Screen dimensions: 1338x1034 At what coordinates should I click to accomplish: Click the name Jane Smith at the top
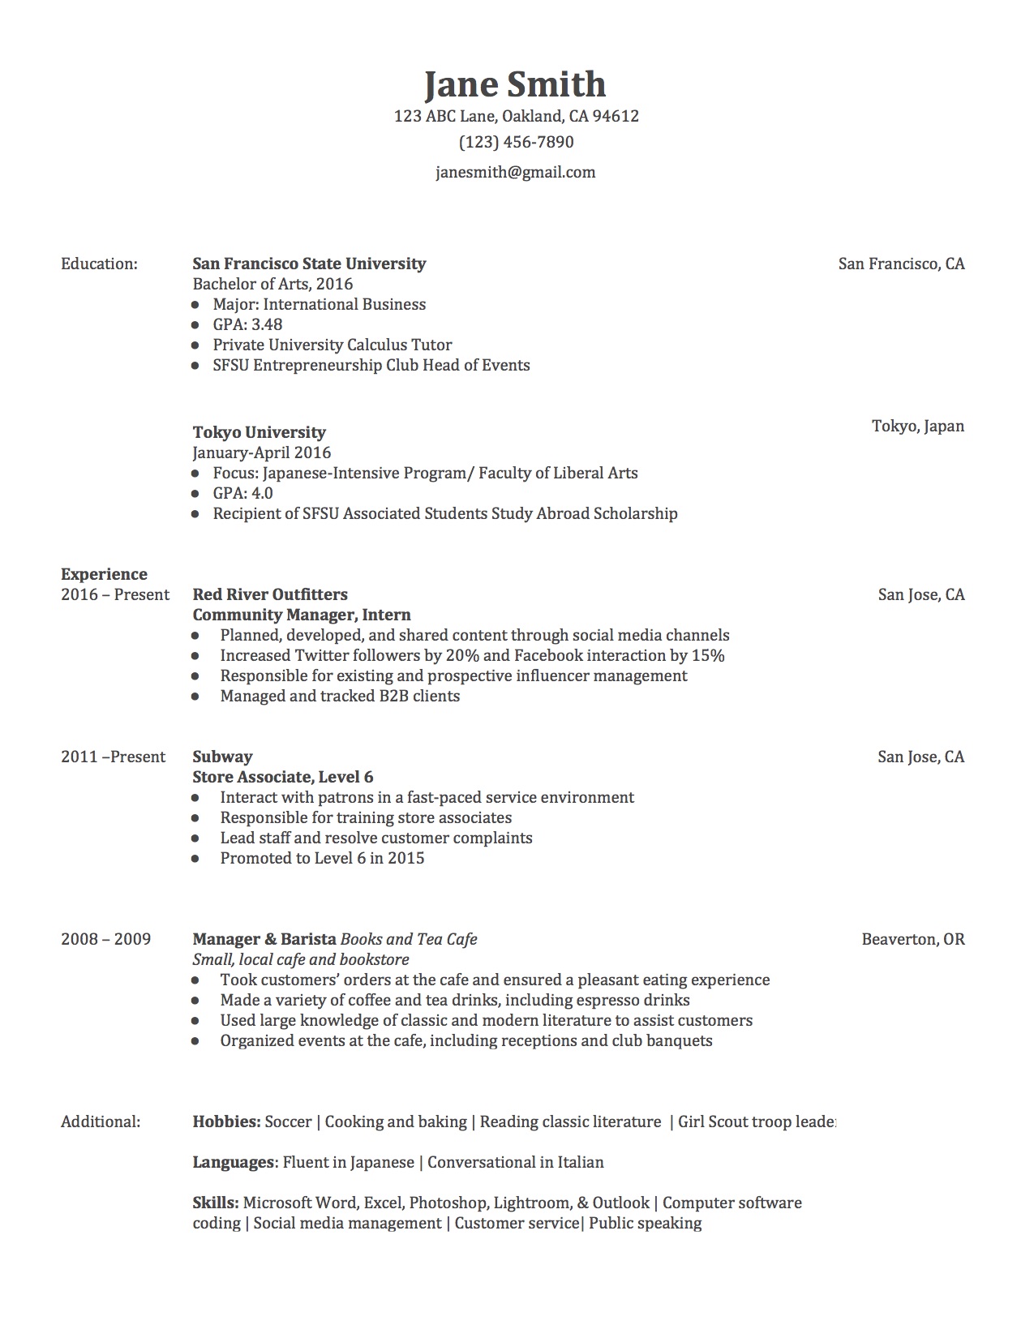point(515,85)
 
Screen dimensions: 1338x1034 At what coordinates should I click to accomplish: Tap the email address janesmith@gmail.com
point(515,172)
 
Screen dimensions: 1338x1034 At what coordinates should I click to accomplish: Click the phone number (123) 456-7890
point(516,142)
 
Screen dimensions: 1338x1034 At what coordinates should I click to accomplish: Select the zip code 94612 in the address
point(616,116)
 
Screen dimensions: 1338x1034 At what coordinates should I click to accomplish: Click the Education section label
point(99,264)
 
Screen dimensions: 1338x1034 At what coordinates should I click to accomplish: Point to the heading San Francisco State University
point(309,264)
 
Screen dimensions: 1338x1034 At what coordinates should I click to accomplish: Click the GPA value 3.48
point(267,324)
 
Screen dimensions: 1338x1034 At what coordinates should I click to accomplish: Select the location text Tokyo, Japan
point(917,426)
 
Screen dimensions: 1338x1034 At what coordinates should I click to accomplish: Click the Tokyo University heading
point(259,432)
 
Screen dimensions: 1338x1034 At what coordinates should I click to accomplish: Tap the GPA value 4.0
point(262,493)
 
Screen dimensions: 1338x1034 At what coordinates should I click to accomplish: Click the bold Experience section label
point(104,574)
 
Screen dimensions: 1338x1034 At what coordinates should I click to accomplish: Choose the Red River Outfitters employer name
point(270,594)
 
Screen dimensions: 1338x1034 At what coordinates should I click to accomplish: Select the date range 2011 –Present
point(113,757)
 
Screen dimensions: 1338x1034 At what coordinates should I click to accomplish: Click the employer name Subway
point(222,757)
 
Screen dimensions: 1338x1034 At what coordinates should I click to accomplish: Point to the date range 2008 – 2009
point(105,939)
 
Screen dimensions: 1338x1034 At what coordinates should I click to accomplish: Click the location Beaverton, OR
point(912,939)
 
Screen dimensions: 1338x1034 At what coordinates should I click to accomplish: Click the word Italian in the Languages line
point(580,1162)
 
